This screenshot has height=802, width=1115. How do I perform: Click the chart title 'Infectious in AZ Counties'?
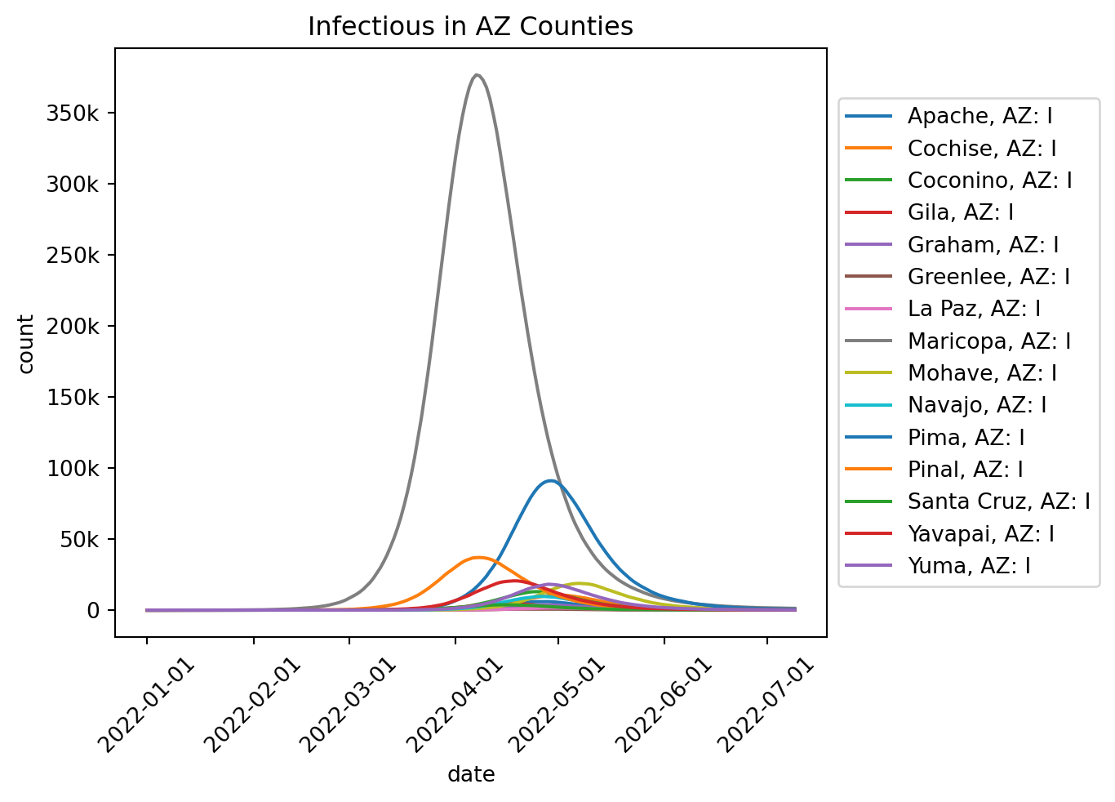pyautogui.click(x=470, y=27)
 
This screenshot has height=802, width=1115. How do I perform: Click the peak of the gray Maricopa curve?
pyautogui.click(x=478, y=75)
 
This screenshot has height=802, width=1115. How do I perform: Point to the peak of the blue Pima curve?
pyautogui.click(x=551, y=481)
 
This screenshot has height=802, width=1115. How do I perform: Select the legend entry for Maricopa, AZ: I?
pyautogui.click(x=988, y=341)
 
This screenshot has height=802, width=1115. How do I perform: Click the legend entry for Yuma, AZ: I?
pyautogui.click(x=969, y=566)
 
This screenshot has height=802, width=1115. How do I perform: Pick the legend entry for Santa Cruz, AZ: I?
pyautogui.click(x=998, y=501)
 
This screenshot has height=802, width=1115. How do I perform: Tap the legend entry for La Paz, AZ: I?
pyautogui.click(x=974, y=309)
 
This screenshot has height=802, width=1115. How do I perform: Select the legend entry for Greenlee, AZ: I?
pyautogui.click(x=988, y=277)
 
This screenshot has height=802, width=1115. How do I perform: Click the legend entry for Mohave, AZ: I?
pyautogui.click(x=982, y=373)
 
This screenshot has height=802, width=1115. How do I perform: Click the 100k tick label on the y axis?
pyautogui.click(x=82, y=469)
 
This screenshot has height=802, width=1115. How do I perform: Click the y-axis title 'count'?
pyautogui.click(x=26, y=343)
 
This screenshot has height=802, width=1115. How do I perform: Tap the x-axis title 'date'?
pyautogui.click(x=471, y=774)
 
